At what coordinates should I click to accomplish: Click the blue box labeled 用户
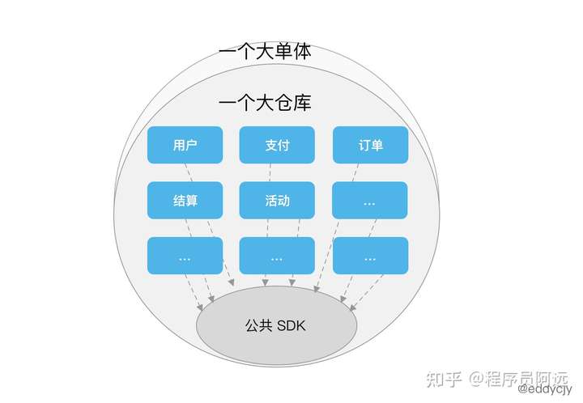pos(185,146)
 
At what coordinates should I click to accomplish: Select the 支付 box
pos(277,146)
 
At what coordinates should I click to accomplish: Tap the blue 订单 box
pos(370,146)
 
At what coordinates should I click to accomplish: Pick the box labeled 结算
pos(185,200)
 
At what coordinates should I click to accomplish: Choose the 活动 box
pos(277,200)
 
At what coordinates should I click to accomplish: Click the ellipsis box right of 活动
pos(370,200)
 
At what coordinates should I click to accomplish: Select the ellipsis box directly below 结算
pos(185,255)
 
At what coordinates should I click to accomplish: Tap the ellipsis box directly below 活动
pos(277,255)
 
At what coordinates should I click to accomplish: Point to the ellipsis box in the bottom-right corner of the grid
pos(370,255)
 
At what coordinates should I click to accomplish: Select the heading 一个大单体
pos(265,52)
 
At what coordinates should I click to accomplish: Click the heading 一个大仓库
pos(265,104)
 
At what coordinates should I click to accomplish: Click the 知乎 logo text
pos(444,378)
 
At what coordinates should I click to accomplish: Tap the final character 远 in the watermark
pos(562,378)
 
